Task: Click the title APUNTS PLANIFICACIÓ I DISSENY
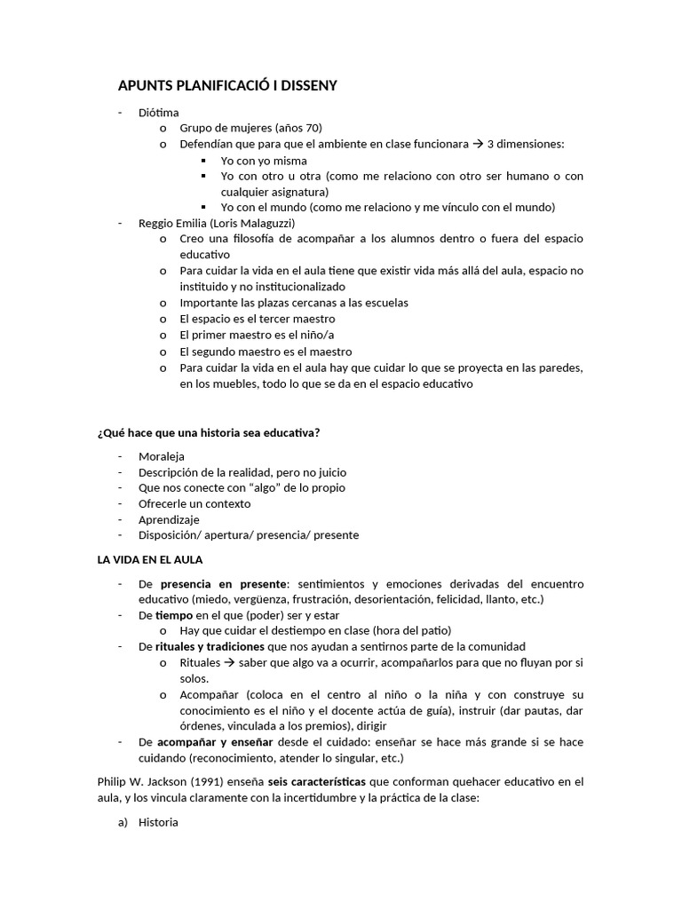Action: click(x=227, y=85)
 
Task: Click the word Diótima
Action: click(x=158, y=113)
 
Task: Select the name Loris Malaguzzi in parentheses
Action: click(x=252, y=223)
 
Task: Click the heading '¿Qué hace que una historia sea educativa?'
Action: click(x=208, y=432)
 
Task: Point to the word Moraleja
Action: click(x=162, y=456)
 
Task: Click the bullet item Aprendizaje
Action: click(x=169, y=520)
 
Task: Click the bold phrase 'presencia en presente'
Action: click(x=224, y=584)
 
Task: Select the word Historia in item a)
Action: click(x=158, y=822)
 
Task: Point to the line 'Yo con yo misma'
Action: click(x=264, y=161)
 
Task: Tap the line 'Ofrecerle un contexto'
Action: click(x=194, y=504)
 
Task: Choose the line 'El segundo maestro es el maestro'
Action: click(x=266, y=351)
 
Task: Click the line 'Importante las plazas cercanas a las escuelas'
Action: click(x=281, y=303)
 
